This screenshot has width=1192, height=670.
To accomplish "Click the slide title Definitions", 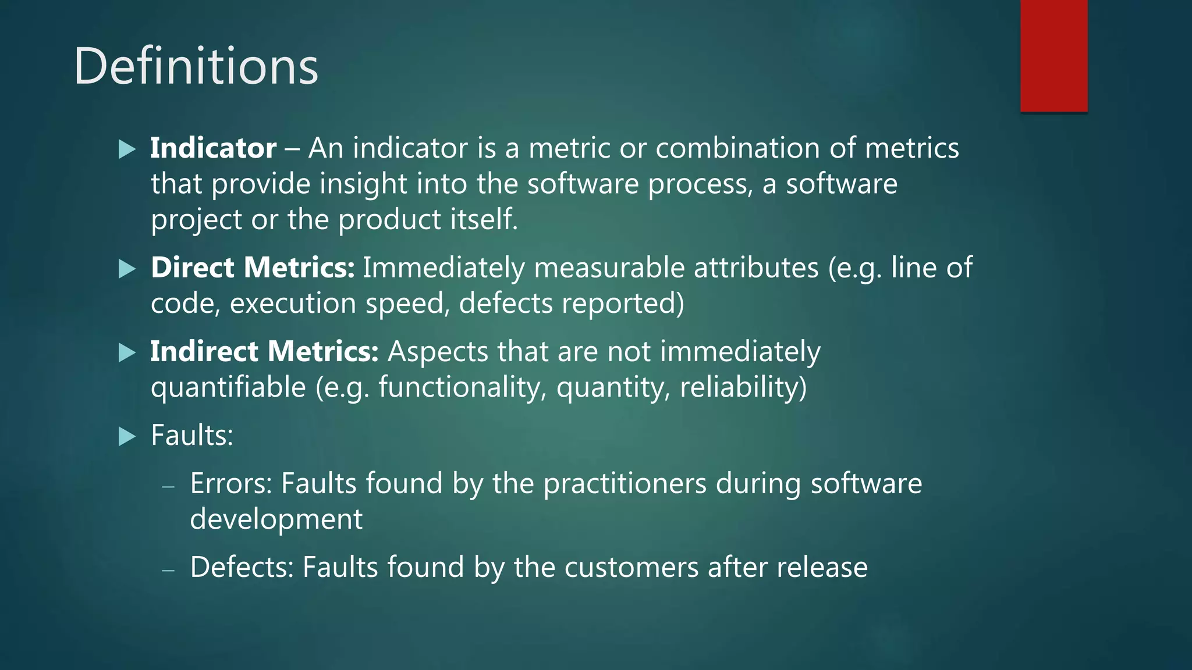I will pyautogui.click(x=196, y=66).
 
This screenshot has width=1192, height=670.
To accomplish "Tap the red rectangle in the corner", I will pyautogui.click(x=1053, y=55).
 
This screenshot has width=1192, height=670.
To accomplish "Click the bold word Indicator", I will pyautogui.click(x=213, y=148).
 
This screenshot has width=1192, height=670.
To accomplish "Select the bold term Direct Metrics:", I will pyautogui.click(x=252, y=268).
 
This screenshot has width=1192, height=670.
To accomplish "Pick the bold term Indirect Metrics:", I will pyautogui.click(x=264, y=352).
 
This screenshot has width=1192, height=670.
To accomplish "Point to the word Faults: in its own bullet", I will pyautogui.click(x=192, y=436).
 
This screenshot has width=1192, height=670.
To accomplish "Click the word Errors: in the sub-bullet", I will pyautogui.click(x=231, y=484).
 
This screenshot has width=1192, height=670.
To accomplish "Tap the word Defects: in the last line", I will pyautogui.click(x=242, y=568).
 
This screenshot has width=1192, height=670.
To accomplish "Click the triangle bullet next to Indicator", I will pyautogui.click(x=127, y=149).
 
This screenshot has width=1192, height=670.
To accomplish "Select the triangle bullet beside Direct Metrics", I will pyautogui.click(x=127, y=269).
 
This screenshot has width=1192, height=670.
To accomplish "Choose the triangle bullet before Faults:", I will pyautogui.click(x=127, y=436).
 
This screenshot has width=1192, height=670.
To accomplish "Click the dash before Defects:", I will pyautogui.click(x=168, y=570).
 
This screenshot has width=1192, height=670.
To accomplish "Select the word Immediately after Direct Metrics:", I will pyautogui.click(x=444, y=268).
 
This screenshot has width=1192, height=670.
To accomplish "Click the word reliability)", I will pyautogui.click(x=743, y=388).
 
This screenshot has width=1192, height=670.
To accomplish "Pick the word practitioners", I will pyautogui.click(x=625, y=484).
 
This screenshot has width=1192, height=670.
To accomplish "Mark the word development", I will pyautogui.click(x=276, y=519).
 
